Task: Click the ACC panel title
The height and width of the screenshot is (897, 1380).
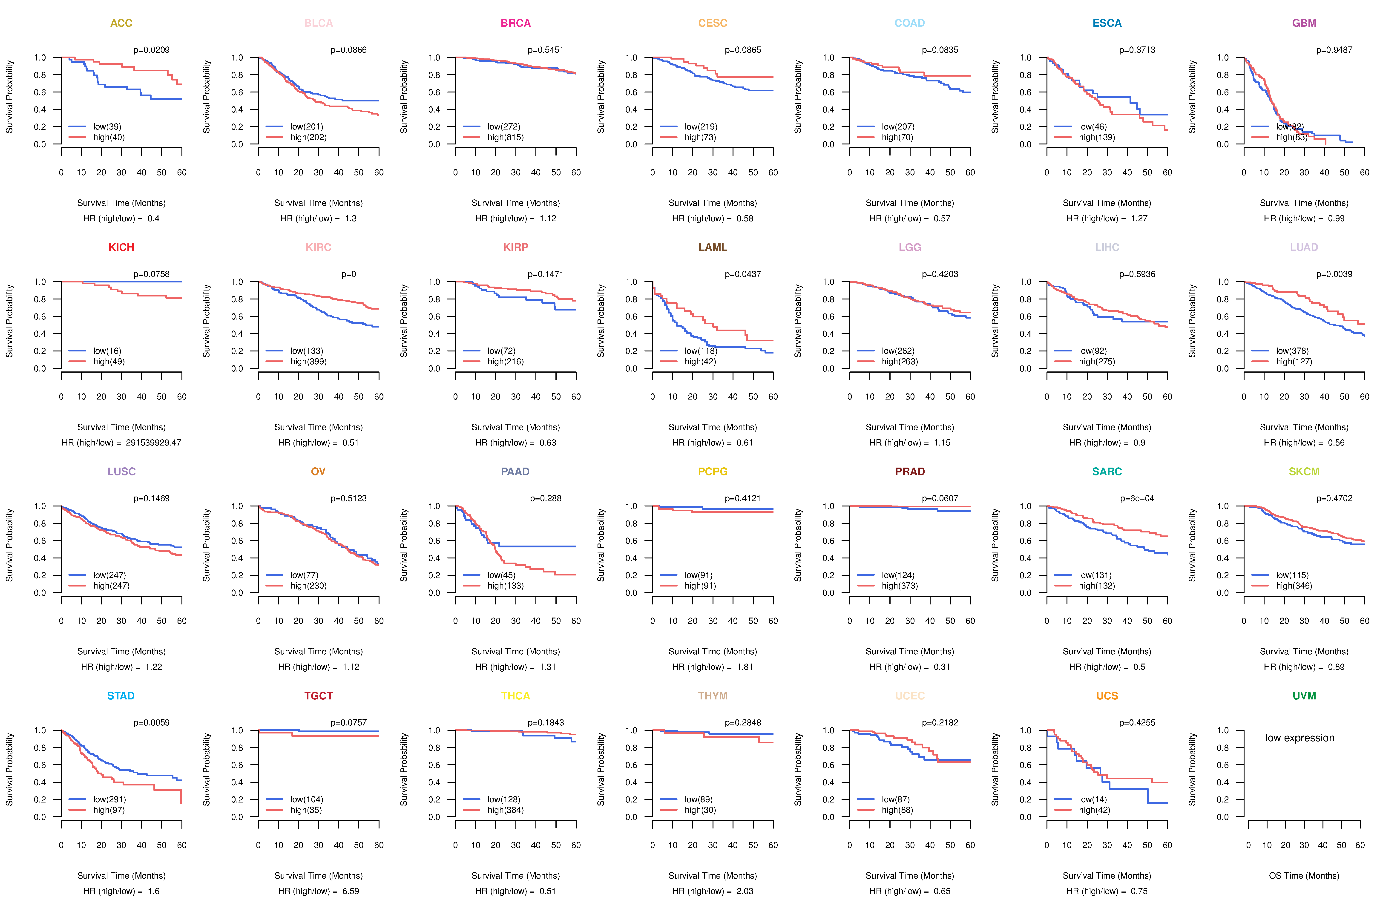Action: (121, 23)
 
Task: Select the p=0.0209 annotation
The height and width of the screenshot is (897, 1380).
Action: (151, 50)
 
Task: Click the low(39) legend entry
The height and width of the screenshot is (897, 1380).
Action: (107, 126)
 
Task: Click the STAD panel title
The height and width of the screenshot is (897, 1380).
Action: (121, 696)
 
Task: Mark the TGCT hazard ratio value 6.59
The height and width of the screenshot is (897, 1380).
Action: (350, 891)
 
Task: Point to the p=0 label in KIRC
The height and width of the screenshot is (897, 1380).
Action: (348, 274)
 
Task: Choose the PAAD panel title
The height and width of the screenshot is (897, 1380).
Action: (515, 471)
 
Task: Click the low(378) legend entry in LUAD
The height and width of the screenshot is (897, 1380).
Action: (1292, 351)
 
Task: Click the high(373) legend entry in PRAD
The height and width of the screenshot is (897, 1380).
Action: (899, 586)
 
